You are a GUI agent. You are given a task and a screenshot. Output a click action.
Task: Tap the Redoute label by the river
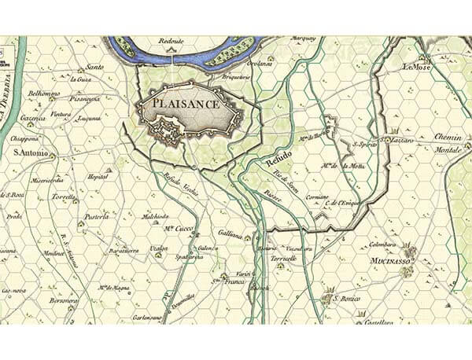171,39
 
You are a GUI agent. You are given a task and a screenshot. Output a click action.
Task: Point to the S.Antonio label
31,152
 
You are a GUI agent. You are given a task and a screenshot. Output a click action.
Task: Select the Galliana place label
232,235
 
